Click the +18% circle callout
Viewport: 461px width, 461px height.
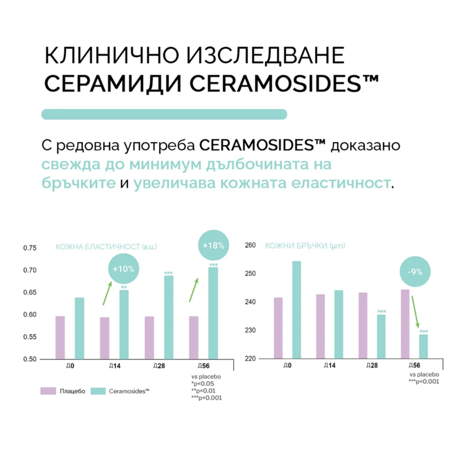tap(213, 245)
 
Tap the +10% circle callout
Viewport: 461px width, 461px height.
tap(124, 269)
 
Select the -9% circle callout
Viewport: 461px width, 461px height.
tap(415, 272)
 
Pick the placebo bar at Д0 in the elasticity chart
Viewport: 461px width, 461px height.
tap(60, 337)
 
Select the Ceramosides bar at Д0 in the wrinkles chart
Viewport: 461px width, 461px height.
tap(296, 309)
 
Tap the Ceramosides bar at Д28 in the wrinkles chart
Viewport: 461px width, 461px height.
tap(381, 336)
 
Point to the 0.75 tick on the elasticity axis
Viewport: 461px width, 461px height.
tap(30, 248)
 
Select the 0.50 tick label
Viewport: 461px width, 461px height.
tap(30, 359)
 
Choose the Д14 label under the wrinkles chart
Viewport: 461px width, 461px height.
tap(329, 366)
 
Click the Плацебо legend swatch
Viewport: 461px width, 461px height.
tap(48, 391)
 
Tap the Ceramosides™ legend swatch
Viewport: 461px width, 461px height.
tap(97, 391)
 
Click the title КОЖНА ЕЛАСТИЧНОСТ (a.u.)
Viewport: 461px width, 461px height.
tap(106, 247)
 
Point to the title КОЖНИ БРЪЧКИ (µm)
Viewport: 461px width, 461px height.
tap(305, 246)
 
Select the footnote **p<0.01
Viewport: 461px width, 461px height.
tap(203, 390)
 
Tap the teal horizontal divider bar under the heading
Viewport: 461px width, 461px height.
tap(164, 114)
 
